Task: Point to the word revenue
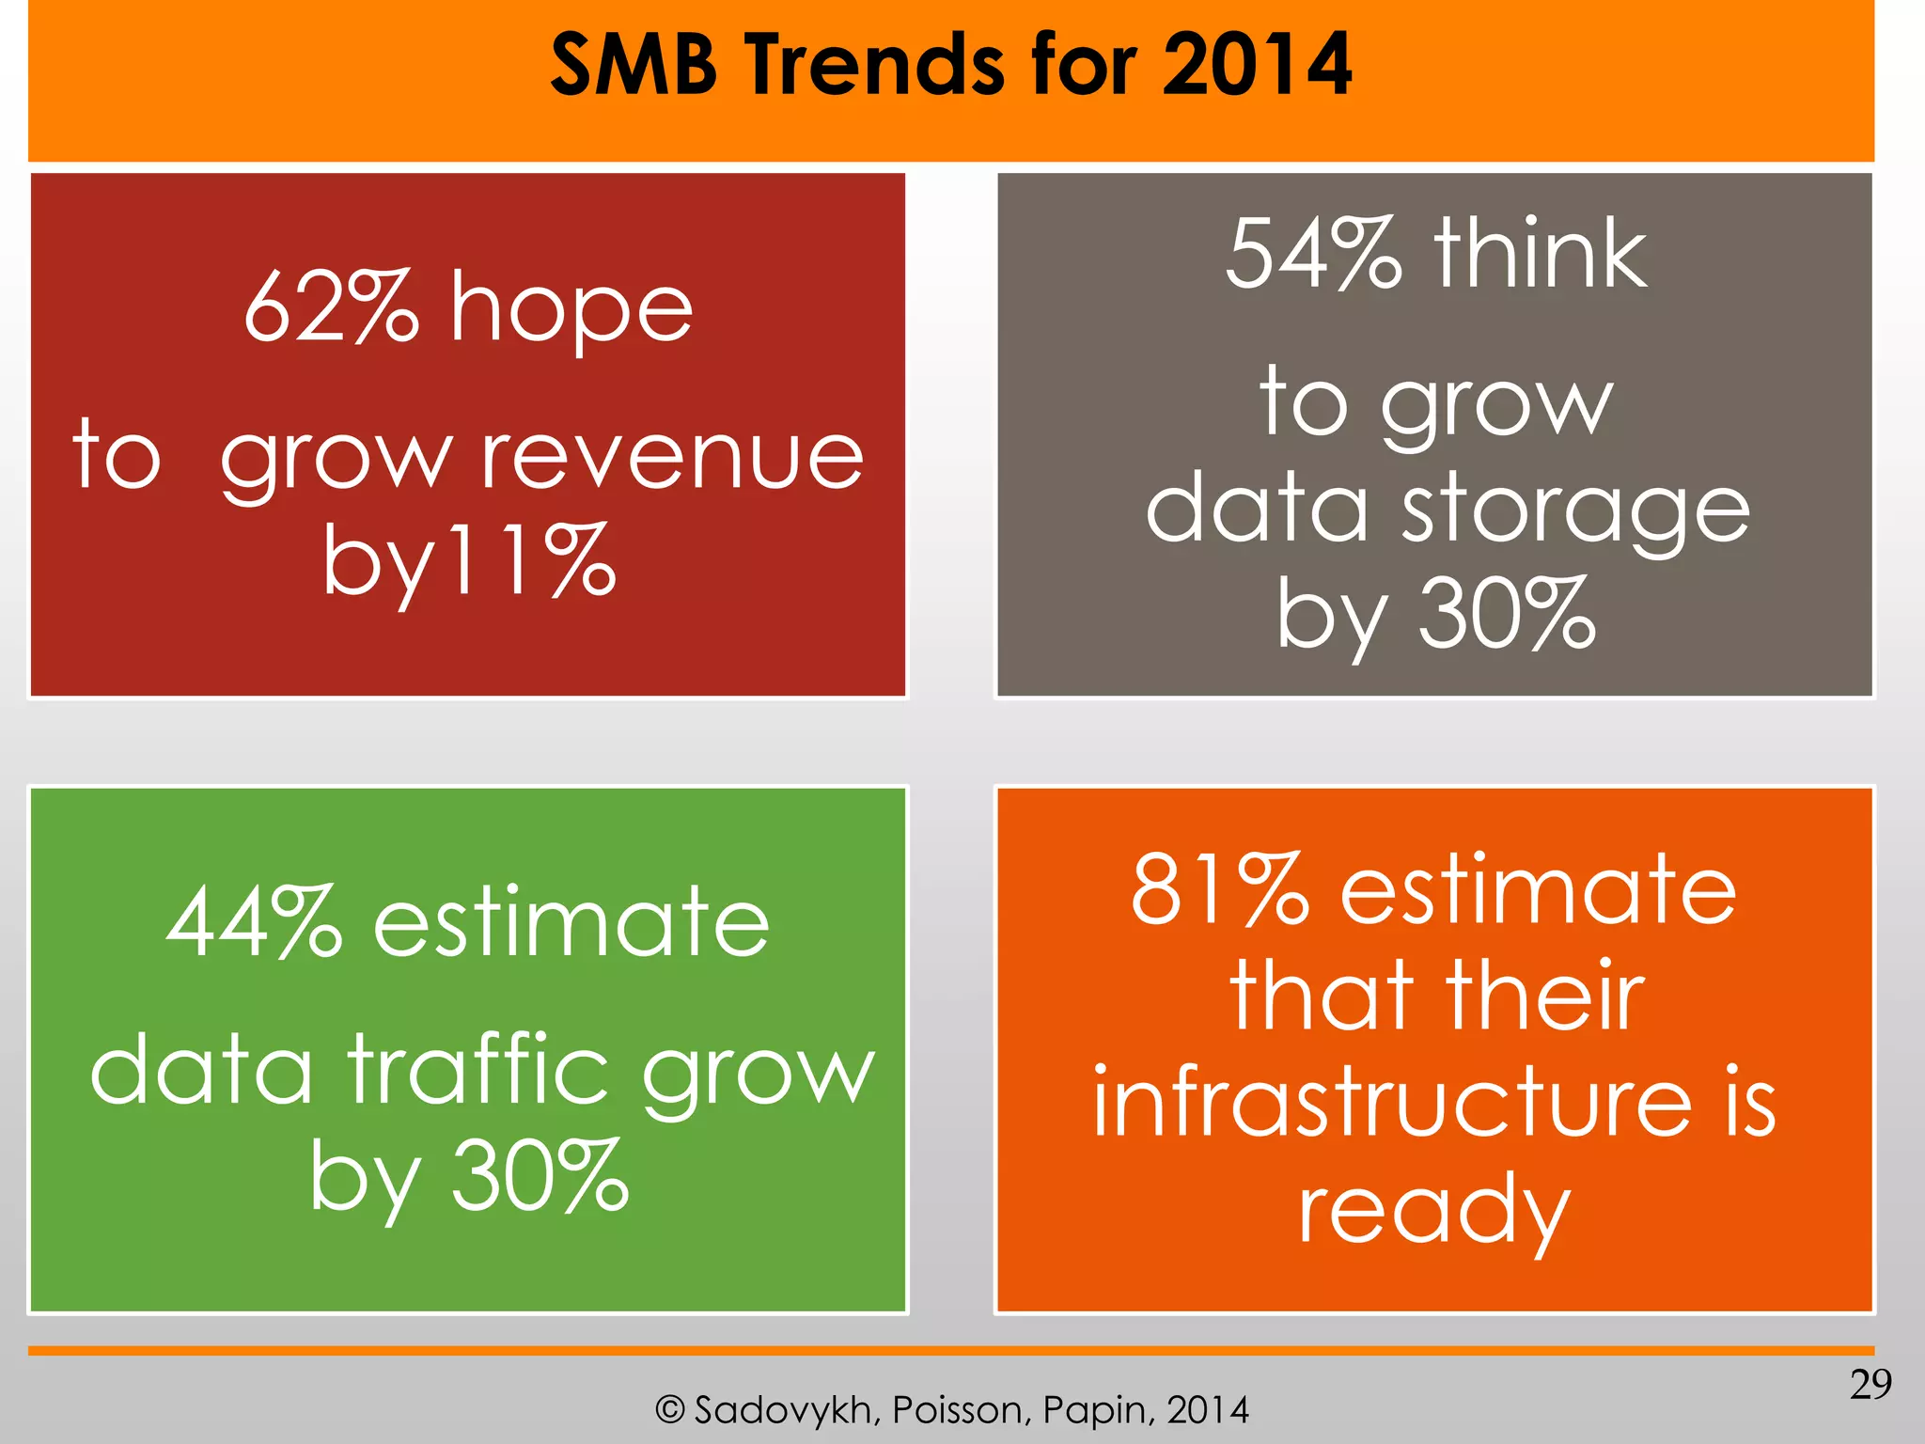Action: tap(672, 458)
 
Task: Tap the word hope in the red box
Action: tap(571, 310)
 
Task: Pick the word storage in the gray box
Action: tap(1575, 512)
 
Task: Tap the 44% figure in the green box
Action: tap(254, 923)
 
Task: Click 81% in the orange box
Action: tap(1219, 889)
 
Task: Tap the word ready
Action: tap(1434, 1211)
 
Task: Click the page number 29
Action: tap(1870, 1385)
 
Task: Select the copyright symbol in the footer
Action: tap(669, 1410)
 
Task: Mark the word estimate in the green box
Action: tap(571, 923)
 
